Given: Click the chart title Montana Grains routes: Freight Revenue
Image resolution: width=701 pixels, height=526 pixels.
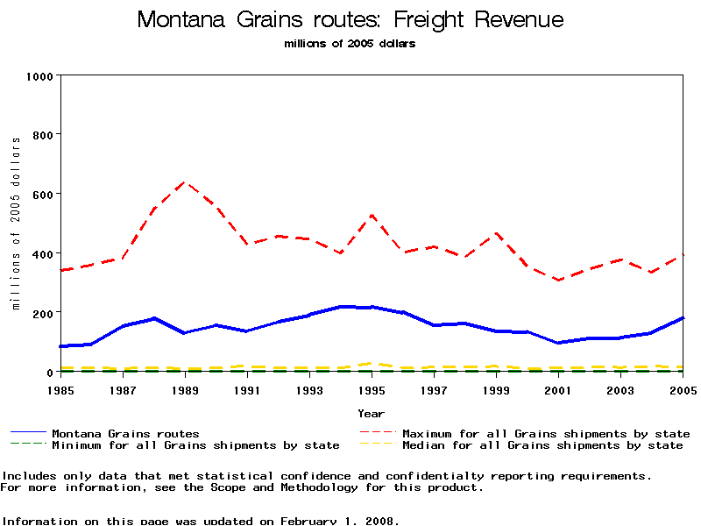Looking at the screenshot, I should pos(350,20).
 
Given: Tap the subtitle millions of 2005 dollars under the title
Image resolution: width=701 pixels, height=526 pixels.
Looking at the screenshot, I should pos(350,44).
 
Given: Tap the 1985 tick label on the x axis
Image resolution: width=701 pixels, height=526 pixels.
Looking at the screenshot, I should pos(60,388).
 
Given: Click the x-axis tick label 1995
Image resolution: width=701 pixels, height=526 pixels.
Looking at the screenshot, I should pos(372,388).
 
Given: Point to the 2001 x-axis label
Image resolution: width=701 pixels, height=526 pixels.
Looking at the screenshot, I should pos(558,388).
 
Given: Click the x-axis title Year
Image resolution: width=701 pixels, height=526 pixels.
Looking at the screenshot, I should pos(371,413).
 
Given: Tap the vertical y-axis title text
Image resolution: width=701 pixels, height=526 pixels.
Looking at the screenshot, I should pos(16,224).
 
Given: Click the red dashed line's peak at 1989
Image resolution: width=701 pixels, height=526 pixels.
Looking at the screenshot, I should pos(185,182).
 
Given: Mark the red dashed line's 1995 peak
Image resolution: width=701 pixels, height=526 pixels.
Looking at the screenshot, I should pos(372,215).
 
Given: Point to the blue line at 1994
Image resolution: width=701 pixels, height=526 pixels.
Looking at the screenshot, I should pos(341,306).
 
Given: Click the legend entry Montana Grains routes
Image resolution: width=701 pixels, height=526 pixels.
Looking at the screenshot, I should pos(125,434).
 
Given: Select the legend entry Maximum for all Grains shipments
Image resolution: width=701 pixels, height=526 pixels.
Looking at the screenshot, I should pos(546,434).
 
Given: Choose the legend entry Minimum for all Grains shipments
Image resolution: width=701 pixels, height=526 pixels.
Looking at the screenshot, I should pos(195,445).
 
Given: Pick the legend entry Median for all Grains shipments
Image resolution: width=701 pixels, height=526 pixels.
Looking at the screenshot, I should pos(542,445).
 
